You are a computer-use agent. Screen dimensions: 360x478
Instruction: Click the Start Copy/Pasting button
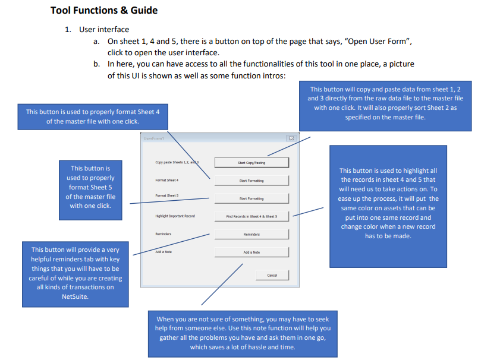coord(251,162)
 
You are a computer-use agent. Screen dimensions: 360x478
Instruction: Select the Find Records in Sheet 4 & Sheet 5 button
coord(251,216)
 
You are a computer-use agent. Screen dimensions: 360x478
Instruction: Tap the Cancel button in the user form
coord(272,275)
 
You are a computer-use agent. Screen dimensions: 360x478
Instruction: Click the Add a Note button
coord(251,252)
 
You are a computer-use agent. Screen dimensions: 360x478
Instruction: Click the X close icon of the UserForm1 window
coord(291,138)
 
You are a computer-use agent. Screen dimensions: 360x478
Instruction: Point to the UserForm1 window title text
coord(153,138)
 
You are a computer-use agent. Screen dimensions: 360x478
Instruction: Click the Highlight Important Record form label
coord(175,216)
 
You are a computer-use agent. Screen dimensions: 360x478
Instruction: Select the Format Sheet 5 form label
coord(167,195)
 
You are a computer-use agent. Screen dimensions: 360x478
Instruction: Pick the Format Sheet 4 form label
coord(167,179)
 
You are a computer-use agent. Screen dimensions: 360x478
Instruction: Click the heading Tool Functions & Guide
coord(104,10)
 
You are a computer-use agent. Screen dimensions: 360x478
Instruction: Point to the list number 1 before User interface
coord(68,30)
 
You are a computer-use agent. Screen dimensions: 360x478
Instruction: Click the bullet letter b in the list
coord(96,64)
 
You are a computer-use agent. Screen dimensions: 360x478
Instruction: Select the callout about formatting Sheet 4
coord(92,116)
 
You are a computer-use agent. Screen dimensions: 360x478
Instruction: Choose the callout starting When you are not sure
coord(243,333)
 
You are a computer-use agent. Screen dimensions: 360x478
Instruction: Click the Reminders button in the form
coord(251,235)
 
